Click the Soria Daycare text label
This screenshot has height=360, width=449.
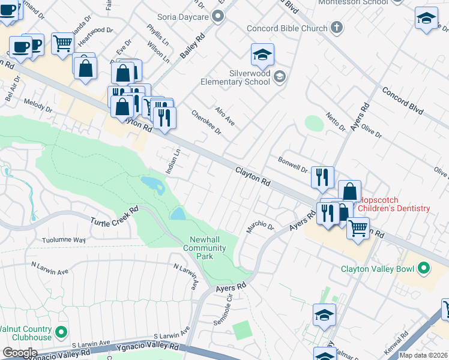tap(182, 17)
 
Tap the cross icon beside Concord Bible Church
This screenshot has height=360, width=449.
tap(337, 28)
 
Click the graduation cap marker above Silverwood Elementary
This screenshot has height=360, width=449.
tap(262, 55)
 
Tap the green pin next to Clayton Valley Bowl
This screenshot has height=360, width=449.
tap(424, 268)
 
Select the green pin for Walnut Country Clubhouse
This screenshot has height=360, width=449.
tap(61, 331)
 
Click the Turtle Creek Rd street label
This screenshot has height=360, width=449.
tap(115, 215)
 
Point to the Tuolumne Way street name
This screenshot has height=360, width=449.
tap(64, 241)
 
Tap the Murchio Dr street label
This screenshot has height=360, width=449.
tap(259, 228)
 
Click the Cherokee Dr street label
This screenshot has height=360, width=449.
tap(206, 122)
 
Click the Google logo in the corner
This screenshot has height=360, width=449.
tap(20, 353)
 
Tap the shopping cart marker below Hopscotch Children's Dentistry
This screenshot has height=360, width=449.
tap(358, 228)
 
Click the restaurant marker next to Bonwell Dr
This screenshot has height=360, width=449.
tap(322, 176)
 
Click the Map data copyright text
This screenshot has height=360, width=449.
tap(423, 355)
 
